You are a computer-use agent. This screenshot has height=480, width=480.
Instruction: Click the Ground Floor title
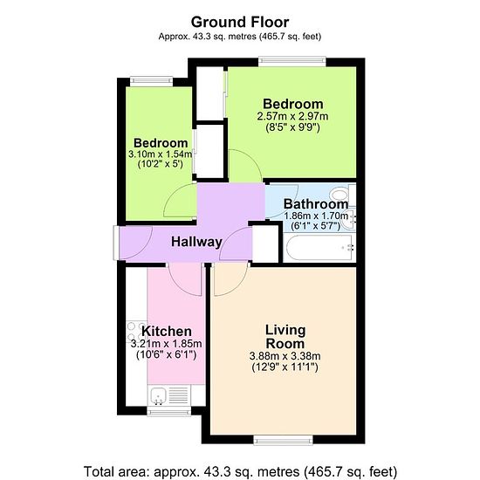coord(240,23)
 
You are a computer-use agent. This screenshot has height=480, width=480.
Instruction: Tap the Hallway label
coord(196,242)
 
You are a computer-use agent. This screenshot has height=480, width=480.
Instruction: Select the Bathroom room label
coord(316,204)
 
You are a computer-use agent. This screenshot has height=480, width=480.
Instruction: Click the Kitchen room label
coord(167,332)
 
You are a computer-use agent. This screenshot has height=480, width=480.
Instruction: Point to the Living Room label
coord(285,337)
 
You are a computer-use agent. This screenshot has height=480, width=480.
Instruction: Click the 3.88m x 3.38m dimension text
coord(285,356)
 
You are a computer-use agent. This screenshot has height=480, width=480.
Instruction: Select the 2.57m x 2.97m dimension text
coord(292,116)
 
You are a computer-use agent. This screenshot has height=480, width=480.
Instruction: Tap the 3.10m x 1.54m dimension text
coord(160,154)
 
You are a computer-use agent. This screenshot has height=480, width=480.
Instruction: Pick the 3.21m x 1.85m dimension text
coord(166,344)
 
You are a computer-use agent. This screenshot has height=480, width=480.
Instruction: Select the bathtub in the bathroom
coord(320,248)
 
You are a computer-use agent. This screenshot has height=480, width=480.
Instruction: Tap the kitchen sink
coord(158,395)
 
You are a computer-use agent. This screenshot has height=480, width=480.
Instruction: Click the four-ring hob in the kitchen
coord(136,332)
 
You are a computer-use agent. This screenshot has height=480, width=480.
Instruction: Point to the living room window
coord(283,440)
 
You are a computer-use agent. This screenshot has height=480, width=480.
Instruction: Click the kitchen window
coord(169,411)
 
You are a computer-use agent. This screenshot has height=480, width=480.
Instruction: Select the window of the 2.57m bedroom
coord(292,62)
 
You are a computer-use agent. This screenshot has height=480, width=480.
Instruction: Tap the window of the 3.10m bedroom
coord(152,81)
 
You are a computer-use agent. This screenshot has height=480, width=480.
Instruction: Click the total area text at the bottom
coord(240,471)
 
